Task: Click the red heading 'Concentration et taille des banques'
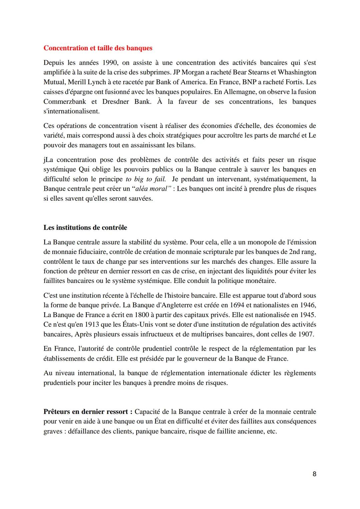point(98,48)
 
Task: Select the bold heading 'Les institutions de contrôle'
point(85,228)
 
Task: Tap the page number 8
point(314,474)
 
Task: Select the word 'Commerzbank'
point(65,102)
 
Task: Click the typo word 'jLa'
point(48,160)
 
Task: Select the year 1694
point(210,305)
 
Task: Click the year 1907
point(305,334)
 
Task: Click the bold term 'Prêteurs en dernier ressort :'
point(88,412)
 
